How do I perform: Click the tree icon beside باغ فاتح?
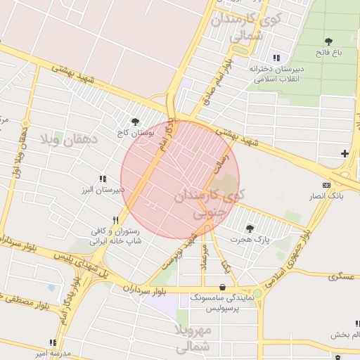point(328,42)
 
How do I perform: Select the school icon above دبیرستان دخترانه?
point(276,58)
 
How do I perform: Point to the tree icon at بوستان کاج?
point(135,122)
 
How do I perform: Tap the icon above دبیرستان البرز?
point(103,179)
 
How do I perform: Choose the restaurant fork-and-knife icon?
point(116,220)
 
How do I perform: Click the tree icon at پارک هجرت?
point(250,228)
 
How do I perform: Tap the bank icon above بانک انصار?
point(326,184)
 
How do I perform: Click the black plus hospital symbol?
point(344,153)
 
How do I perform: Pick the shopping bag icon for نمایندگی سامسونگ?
point(223,287)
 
